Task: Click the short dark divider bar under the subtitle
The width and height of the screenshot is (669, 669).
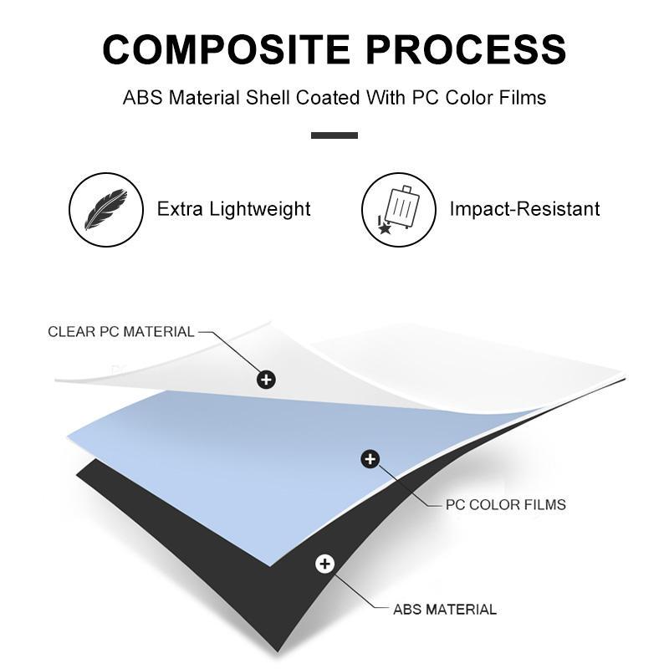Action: click(334, 135)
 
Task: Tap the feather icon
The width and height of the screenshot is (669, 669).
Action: click(105, 209)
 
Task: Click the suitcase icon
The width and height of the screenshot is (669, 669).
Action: click(398, 209)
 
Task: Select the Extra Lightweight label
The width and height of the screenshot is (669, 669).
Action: click(234, 209)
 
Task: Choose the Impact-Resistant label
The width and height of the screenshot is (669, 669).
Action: click(524, 209)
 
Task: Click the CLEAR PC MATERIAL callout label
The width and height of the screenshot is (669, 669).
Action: click(121, 331)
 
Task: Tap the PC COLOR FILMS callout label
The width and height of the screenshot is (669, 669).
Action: click(505, 504)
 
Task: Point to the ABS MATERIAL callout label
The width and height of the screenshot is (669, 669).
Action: click(445, 609)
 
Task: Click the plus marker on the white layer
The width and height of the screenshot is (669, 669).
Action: click(266, 380)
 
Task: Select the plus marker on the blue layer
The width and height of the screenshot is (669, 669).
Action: click(370, 458)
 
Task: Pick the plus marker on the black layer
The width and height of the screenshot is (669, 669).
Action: click(324, 564)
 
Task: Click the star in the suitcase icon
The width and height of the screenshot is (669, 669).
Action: click(384, 227)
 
